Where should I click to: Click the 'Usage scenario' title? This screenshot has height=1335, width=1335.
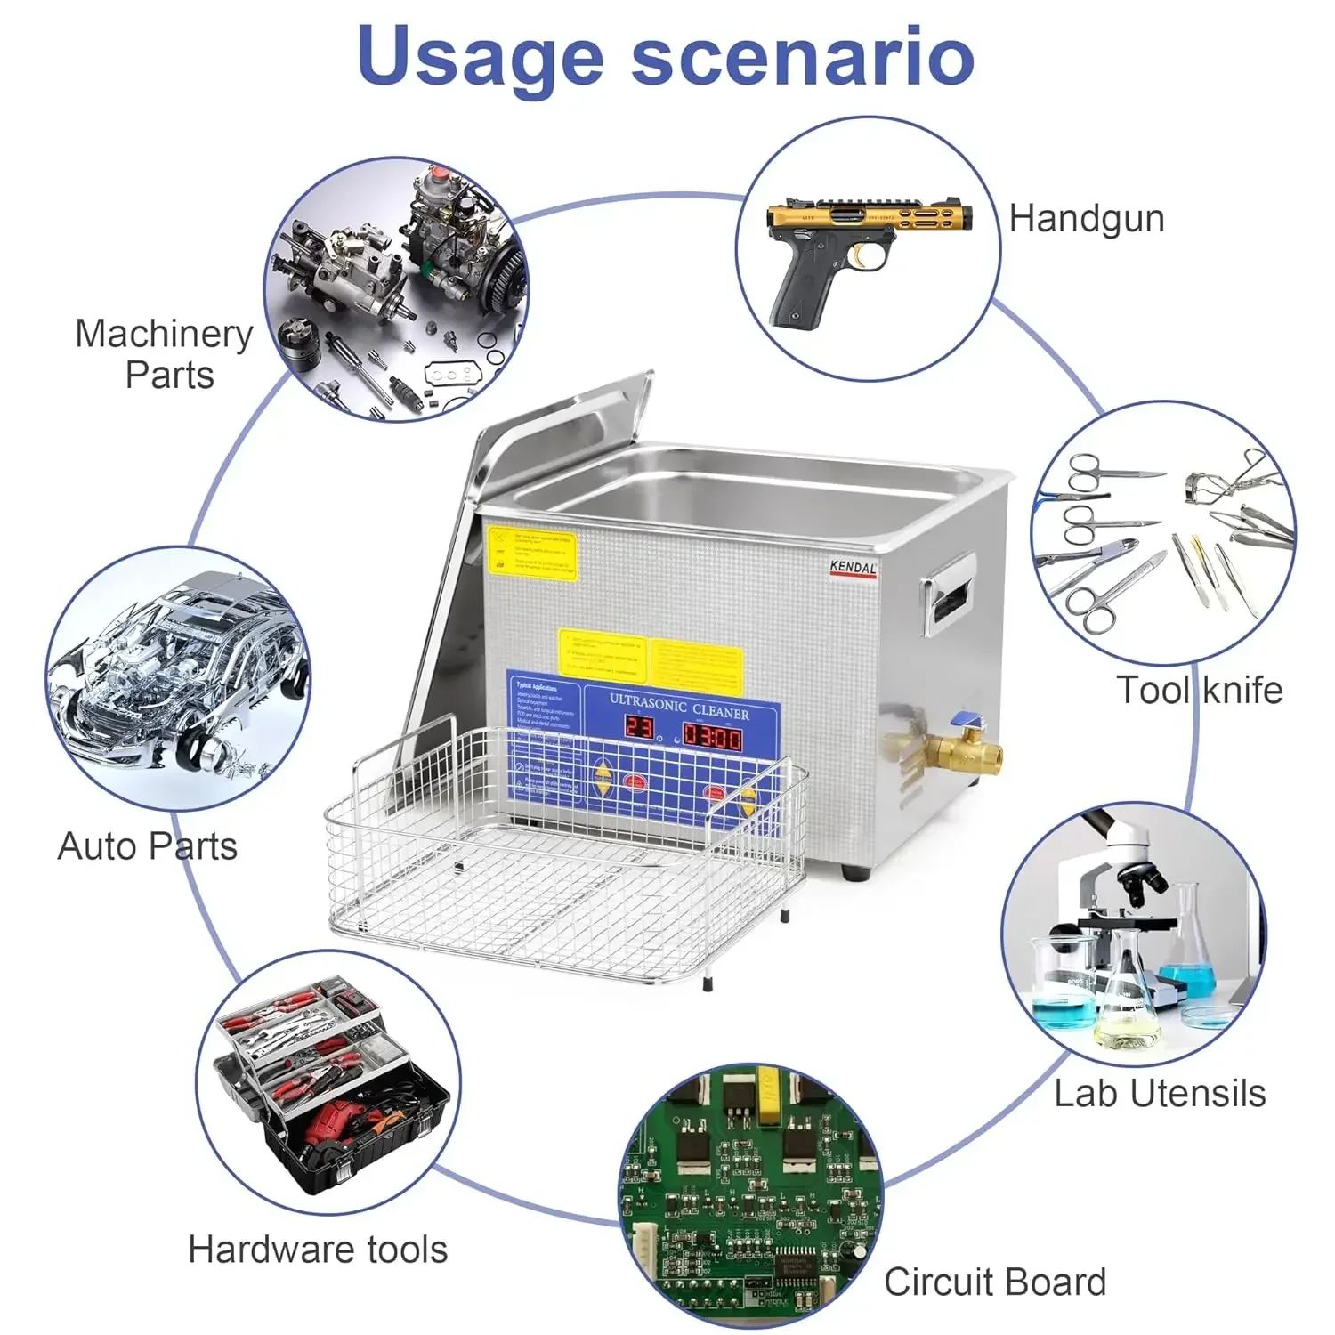666,55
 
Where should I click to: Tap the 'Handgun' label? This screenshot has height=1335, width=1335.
1086,218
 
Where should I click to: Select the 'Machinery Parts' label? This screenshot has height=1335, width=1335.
166,354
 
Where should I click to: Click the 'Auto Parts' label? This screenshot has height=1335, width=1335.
148,845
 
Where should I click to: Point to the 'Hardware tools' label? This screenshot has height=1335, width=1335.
318,1250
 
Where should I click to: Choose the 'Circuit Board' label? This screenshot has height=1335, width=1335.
995,1282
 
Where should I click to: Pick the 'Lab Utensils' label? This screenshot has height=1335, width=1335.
1160,1093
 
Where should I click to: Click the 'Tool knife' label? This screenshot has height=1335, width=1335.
1199,690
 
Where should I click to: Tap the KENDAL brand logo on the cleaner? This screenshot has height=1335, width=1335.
853,568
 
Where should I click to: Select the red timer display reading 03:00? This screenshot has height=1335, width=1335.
712,736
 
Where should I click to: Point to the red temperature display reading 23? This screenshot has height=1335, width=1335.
639,727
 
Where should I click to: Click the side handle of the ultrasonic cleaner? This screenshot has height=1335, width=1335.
948,592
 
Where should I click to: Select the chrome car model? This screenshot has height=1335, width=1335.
178,676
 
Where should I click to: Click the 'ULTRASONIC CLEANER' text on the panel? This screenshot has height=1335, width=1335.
679,708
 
